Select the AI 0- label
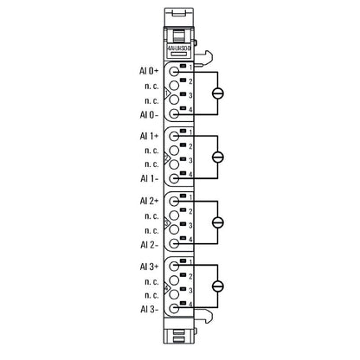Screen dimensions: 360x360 pos(147,113)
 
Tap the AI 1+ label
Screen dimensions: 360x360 pos(147,136)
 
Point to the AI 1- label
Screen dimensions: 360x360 pos(147,177)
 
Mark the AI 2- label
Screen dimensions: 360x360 pos(147,242)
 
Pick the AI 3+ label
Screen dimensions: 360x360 pos(147,265)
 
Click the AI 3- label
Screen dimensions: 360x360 pos(147,307)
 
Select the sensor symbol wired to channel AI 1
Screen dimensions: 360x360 pos(218,157)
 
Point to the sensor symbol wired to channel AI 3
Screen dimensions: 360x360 pos(218,286)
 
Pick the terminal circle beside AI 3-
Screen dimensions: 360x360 pos(175,307)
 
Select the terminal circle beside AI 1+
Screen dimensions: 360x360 pos(175,136)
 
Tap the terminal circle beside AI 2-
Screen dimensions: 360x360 pos(175,242)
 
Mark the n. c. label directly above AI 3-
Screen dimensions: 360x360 pos(151,293)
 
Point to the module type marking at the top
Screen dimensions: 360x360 pos(180,50)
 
